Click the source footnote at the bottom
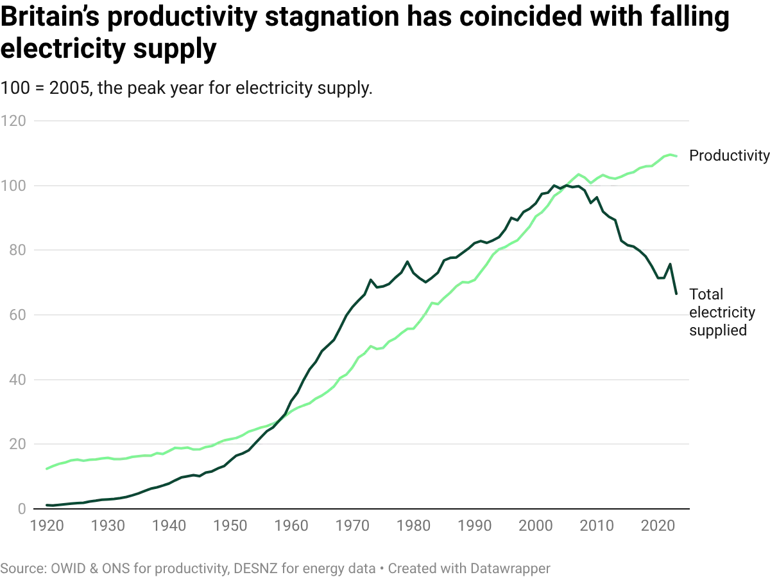(x=276, y=568)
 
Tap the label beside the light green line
(x=728, y=156)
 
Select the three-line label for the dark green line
(x=719, y=313)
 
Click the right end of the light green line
(x=675, y=154)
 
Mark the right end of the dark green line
(x=676, y=296)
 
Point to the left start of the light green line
(x=43, y=470)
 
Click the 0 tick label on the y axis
(x=19, y=508)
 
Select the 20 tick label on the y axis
(x=16, y=444)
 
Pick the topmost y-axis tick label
(x=16, y=121)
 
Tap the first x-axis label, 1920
(x=48, y=528)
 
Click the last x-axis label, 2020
(x=660, y=528)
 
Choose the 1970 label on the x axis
(x=354, y=528)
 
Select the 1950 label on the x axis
(x=232, y=528)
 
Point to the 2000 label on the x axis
(x=538, y=528)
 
